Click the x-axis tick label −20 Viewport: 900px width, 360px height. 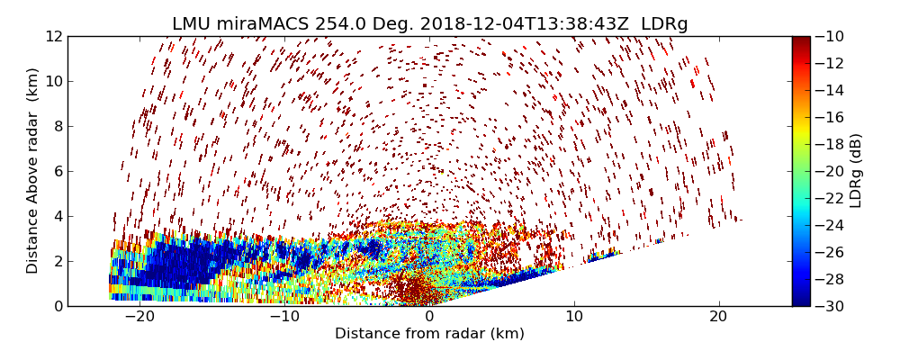point(139,317)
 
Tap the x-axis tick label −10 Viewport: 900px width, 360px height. point(284,317)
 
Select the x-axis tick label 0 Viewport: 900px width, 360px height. point(429,317)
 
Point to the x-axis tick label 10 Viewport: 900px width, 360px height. point(574,317)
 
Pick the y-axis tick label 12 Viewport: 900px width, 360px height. point(52,37)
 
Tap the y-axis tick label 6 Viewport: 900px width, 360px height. point(56,171)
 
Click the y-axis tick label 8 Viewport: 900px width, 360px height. point(56,126)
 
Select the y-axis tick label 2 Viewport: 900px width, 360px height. point(56,261)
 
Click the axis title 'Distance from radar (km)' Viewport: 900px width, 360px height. point(429,334)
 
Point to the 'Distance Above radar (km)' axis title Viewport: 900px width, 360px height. point(33,171)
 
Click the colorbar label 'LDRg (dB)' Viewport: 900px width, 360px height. point(856,171)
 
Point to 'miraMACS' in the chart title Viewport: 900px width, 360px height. point(263,24)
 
